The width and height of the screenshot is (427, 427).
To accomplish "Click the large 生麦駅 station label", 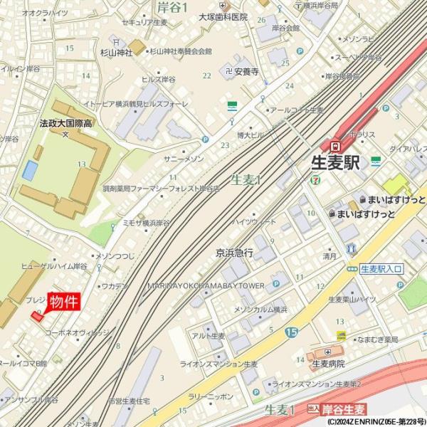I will point(337,163).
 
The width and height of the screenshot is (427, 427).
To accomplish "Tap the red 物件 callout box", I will point(64,301).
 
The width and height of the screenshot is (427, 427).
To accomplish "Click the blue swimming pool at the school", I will point(30,170).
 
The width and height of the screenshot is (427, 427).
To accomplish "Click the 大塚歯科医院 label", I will point(223,16).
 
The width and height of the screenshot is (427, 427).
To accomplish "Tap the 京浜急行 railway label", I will point(235,252).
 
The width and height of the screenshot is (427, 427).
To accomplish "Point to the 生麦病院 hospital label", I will point(328,363).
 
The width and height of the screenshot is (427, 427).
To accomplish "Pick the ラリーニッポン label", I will point(211,397).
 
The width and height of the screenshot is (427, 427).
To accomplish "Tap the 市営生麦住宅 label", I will point(129,401).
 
